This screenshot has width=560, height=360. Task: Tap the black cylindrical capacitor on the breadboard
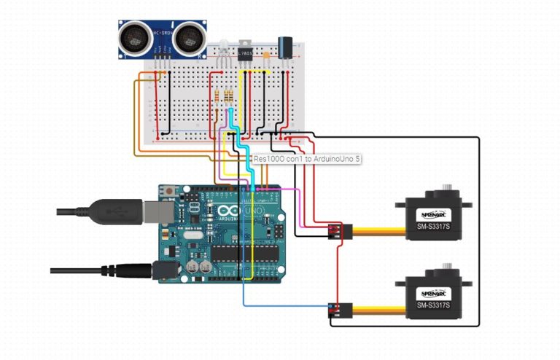click(286, 45)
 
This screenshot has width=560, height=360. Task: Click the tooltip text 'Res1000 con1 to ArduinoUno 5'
click(307, 158)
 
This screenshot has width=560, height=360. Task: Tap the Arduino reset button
click(170, 191)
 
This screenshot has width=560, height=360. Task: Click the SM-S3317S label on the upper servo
click(433, 226)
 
